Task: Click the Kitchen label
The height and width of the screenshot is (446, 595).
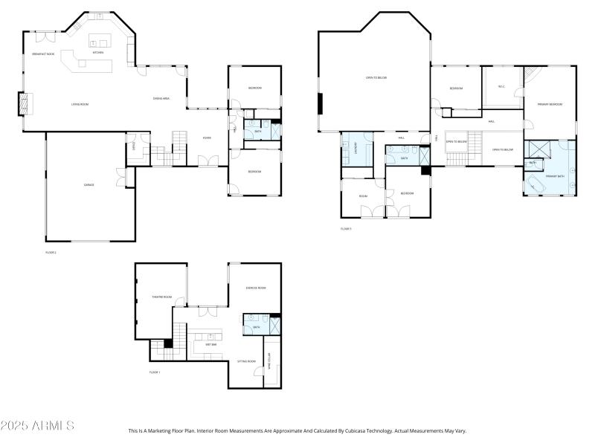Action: click(98, 53)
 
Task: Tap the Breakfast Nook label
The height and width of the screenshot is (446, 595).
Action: click(42, 54)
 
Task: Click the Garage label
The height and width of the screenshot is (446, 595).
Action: click(89, 184)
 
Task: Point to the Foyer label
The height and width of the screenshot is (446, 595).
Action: click(207, 138)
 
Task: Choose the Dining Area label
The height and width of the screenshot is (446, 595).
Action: click(161, 98)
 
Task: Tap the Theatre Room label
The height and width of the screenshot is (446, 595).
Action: click(162, 297)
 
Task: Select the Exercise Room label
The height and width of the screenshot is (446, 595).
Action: click(256, 288)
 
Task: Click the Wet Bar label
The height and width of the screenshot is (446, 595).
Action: click(210, 344)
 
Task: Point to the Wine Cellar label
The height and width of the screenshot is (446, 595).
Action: click(268, 363)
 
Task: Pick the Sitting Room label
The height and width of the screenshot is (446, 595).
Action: click(246, 361)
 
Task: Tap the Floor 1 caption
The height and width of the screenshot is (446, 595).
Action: click(155, 372)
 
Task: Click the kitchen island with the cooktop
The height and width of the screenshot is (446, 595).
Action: click(99, 39)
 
